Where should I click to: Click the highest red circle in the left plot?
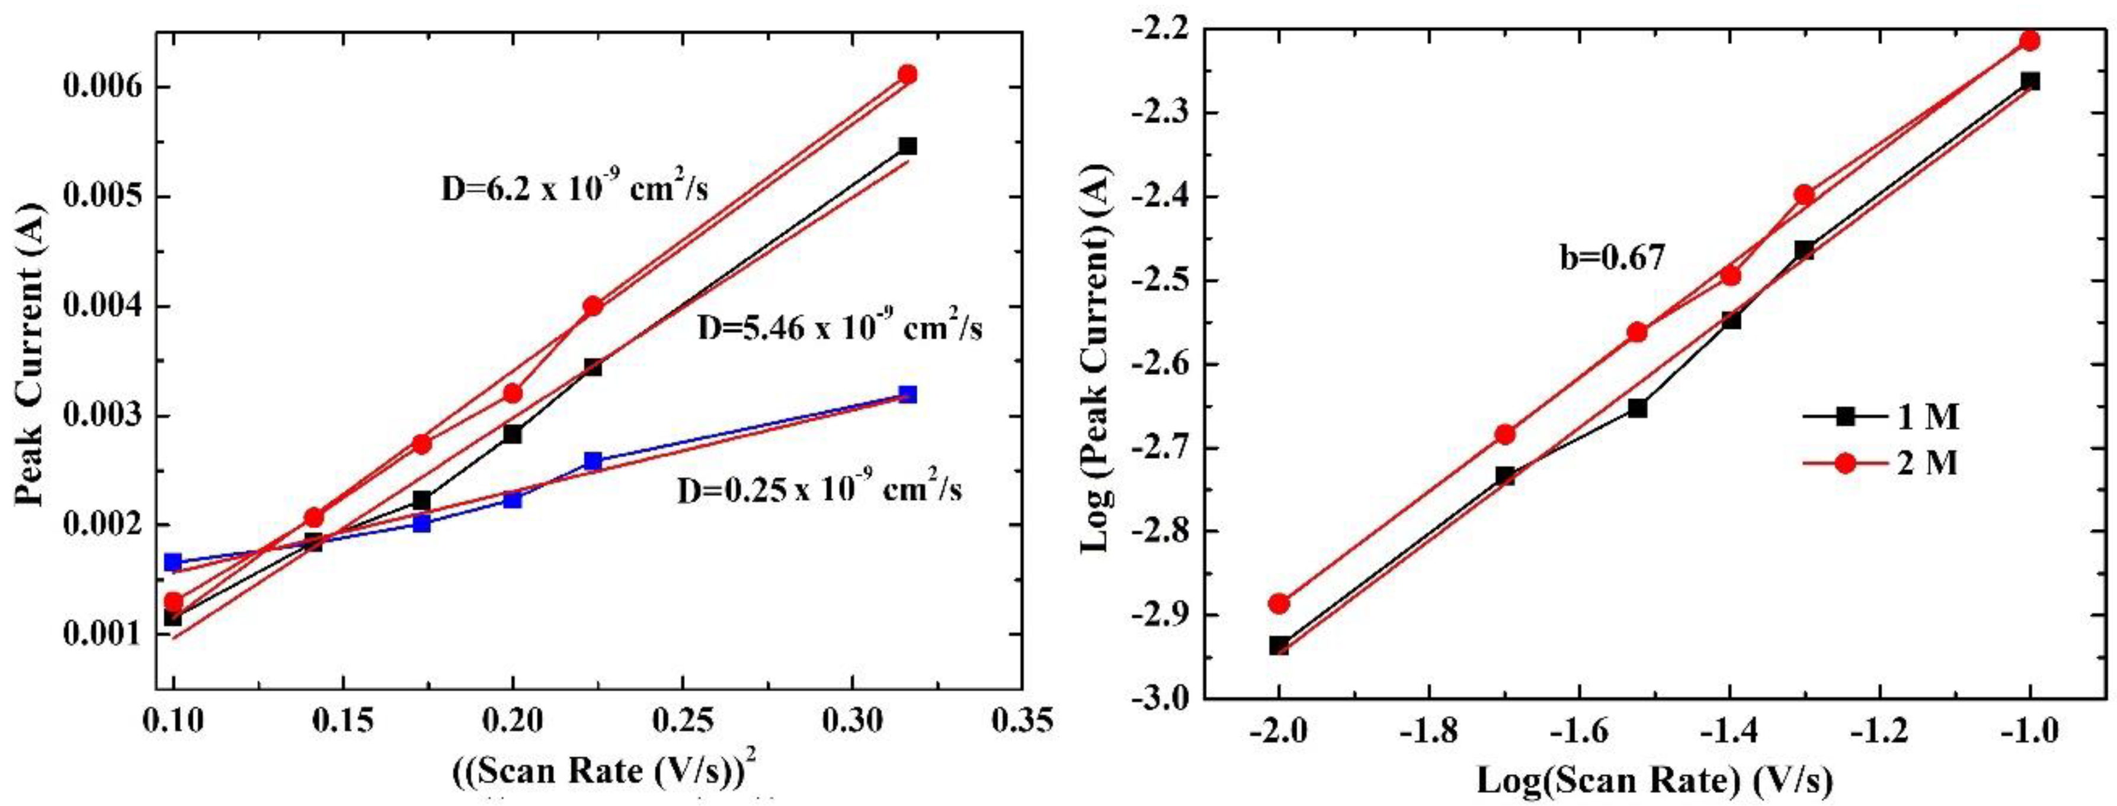[x=907, y=75]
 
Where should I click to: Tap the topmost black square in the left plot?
[x=907, y=146]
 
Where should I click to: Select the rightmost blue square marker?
[x=907, y=394]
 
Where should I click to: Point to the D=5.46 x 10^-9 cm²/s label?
[x=839, y=329]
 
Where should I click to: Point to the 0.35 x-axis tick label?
[x=1021, y=721]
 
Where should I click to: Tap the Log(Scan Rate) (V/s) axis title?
[x=1654, y=781]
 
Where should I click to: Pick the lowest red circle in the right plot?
[x=1279, y=604]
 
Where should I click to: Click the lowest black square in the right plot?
[x=1279, y=646]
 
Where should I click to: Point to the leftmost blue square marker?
[x=172, y=562]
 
